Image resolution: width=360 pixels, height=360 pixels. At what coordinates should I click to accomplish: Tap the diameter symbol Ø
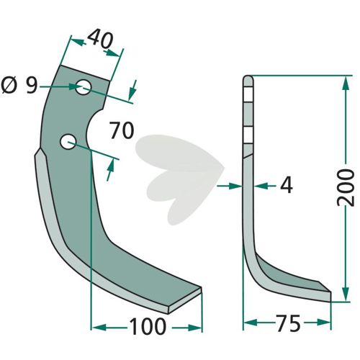[x=9, y=86]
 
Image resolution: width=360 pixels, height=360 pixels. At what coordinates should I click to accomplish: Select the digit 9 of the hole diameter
[x=32, y=86]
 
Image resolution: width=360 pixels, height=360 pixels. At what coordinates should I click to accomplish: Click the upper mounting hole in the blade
[x=84, y=87]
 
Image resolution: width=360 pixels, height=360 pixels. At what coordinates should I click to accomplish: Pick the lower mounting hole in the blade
[x=68, y=142]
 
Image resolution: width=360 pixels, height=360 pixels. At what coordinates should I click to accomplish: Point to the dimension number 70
[x=122, y=130]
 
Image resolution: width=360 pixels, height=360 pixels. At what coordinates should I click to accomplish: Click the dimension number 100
[x=148, y=327]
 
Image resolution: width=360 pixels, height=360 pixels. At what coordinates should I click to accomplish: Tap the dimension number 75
[x=288, y=323]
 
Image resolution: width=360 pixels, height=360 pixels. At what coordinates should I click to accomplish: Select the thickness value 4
[x=287, y=186]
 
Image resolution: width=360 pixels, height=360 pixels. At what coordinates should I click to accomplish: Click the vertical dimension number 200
[x=346, y=187]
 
